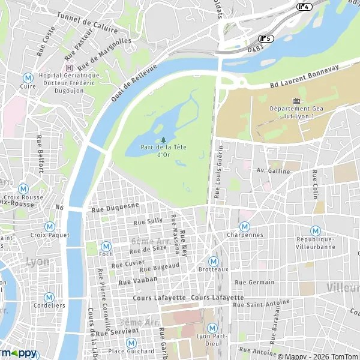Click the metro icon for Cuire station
coord(27,78)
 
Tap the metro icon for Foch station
coord(106,246)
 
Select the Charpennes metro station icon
coord(245,227)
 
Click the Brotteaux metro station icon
coord(212,262)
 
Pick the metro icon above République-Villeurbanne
coord(315,230)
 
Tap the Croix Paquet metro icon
coord(50,227)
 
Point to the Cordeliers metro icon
coord(49,297)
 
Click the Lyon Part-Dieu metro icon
coord(212,328)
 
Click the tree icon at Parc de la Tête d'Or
coord(163,140)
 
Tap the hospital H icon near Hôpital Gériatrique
coord(70,68)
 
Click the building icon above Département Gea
coord(295,100)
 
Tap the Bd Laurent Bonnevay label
coord(304,76)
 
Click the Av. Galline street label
coord(273,170)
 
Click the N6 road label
coord(59,208)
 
